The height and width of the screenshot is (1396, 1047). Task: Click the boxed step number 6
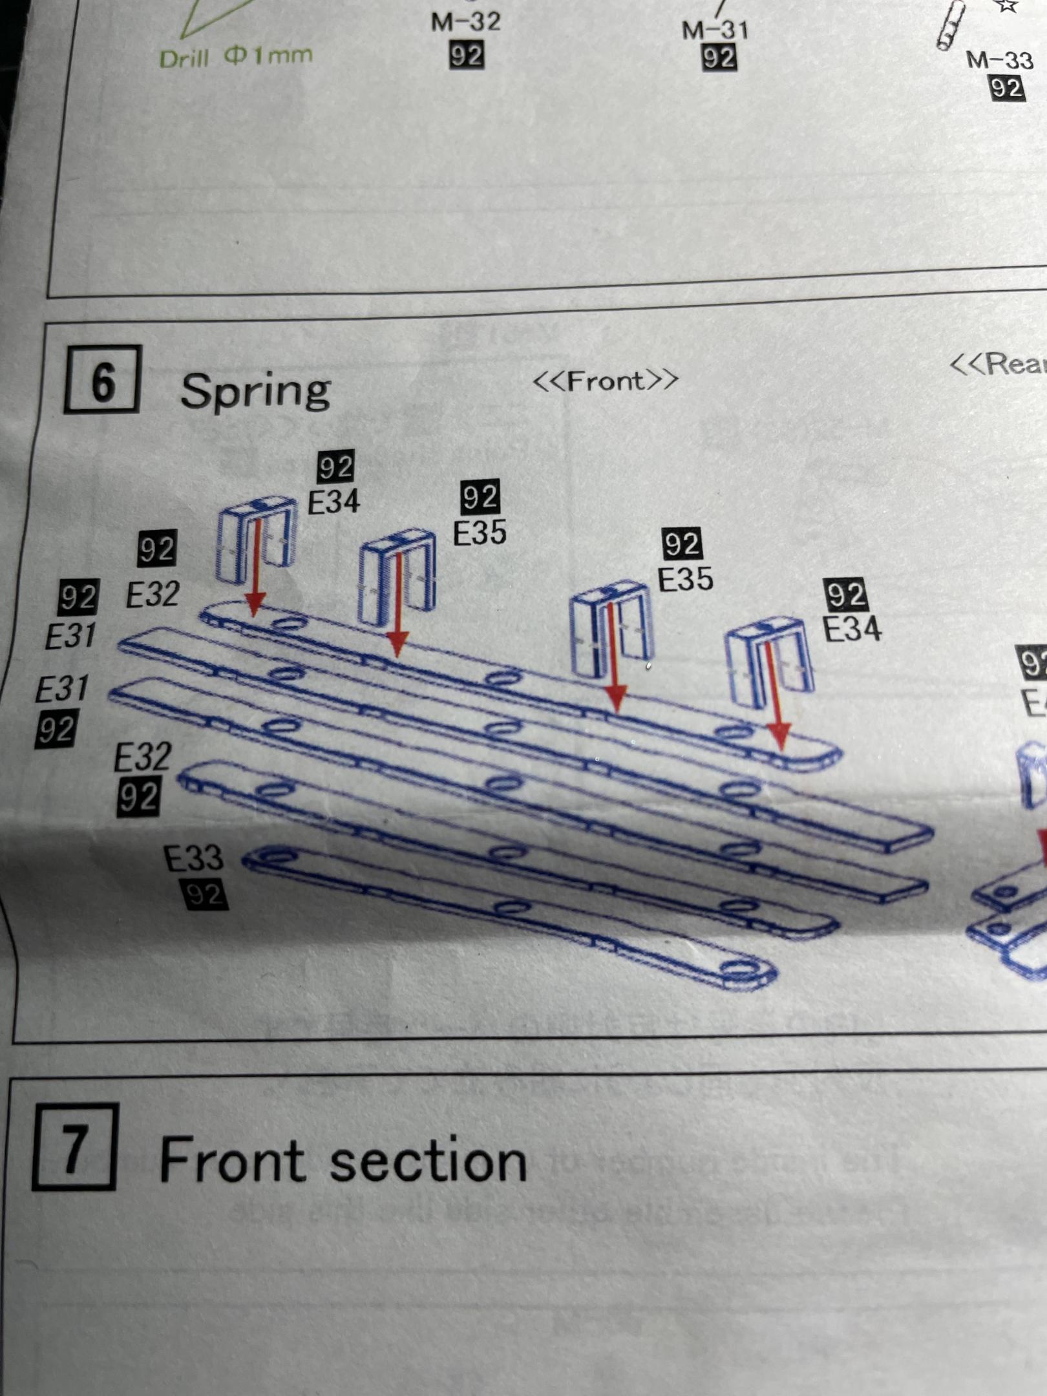102,380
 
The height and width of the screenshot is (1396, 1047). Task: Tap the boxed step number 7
74,1147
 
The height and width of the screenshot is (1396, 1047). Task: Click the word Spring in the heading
255,390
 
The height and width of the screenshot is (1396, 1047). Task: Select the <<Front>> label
605,380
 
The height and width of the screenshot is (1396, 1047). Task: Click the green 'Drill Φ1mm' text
236,57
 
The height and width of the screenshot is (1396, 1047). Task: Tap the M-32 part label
465,21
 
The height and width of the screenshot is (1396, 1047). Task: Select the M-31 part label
715,29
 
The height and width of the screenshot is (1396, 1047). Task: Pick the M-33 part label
999,60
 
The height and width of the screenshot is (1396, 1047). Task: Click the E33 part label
193,858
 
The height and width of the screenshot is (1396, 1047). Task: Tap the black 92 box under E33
206,894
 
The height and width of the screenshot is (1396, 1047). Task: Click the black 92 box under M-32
467,56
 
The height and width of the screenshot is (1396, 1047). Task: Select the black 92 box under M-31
718,58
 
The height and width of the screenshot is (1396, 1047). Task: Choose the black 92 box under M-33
1006,87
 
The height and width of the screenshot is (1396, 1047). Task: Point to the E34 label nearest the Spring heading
333,502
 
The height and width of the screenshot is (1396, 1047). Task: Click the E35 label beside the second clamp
480,533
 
